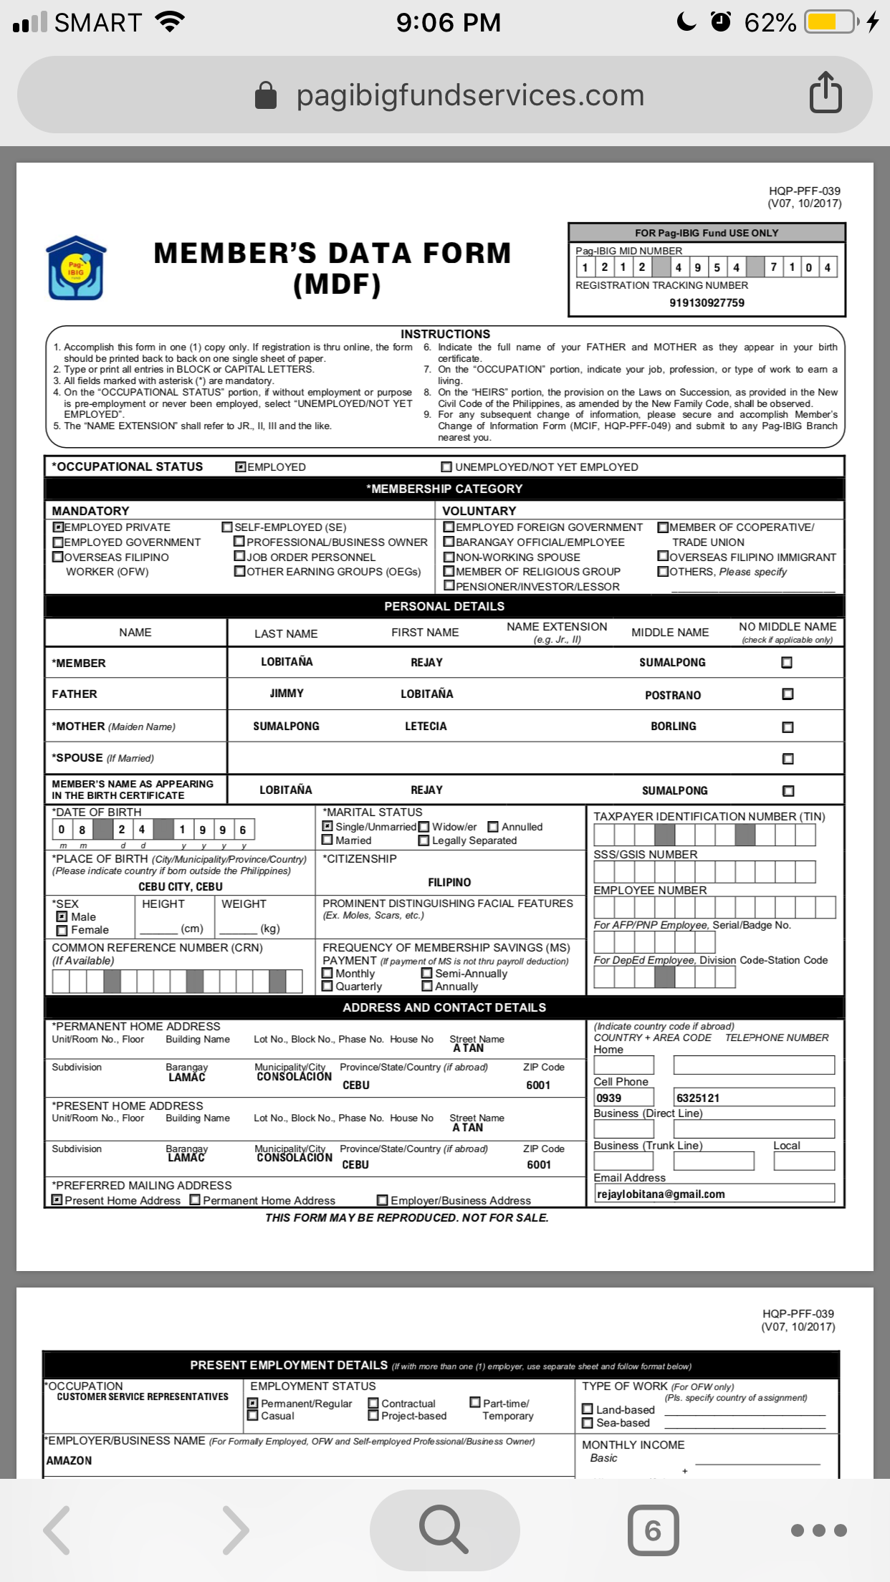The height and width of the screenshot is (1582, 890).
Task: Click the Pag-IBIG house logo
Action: click(x=76, y=268)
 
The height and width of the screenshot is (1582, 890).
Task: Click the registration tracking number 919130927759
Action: click(x=707, y=302)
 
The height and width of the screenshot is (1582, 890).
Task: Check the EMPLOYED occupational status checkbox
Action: click(x=241, y=467)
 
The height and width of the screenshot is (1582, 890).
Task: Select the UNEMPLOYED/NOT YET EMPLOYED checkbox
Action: click(x=446, y=467)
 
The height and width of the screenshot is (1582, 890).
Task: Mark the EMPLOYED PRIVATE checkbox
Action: click(x=59, y=527)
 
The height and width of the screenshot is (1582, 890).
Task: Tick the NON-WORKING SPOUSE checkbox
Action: click(x=449, y=557)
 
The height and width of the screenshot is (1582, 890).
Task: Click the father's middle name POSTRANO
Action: click(x=673, y=695)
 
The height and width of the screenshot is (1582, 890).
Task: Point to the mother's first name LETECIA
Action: click(x=426, y=727)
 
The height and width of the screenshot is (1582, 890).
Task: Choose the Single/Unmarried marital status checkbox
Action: click(x=327, y=826)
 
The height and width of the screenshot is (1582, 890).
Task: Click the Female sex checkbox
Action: click(x=62, y=930)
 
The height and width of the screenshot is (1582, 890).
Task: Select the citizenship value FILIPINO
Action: click(x=449, y=883)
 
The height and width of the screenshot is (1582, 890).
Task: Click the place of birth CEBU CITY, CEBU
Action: click(x=181, y=886)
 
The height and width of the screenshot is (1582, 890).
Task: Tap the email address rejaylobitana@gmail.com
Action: click(x=661, y=1194)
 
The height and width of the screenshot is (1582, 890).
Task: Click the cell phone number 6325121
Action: click(x=698, y=1098)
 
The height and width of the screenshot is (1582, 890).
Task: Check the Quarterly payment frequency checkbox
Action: click(x=327, y=987)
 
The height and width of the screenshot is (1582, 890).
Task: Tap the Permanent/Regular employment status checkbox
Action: click(x=253, y=1403)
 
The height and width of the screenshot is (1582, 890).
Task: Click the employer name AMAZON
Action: click(x=70, y=1460)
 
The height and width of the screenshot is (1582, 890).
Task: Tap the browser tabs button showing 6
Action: click(x=653, y=1530)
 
